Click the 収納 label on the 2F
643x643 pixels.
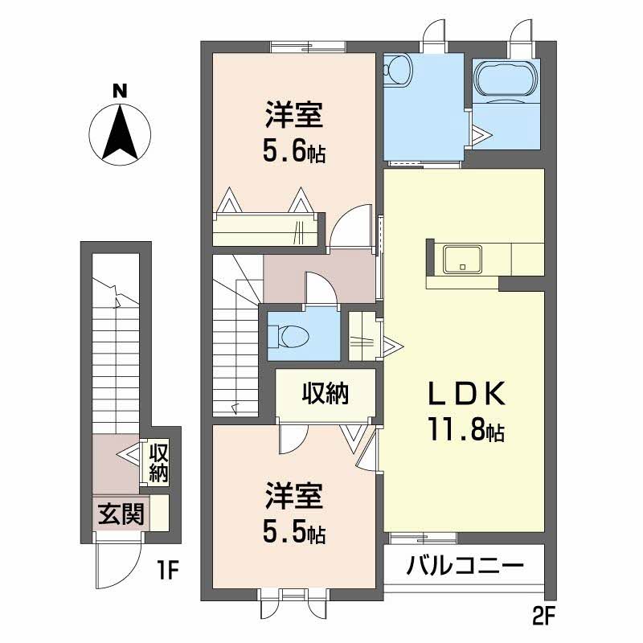326,394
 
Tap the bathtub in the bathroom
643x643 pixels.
506,80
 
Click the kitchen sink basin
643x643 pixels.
462,259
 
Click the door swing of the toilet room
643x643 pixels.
319,289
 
